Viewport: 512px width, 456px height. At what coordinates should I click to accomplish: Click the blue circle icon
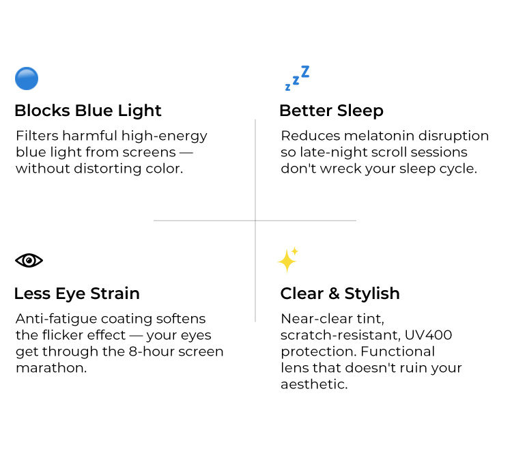[x=27, y=79]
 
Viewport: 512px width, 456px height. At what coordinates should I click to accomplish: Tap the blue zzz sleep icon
[x=297, y=78]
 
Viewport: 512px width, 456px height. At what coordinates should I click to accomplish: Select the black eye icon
[x=29, y=261]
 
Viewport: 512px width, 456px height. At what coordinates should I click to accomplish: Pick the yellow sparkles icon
[x=288, y=260]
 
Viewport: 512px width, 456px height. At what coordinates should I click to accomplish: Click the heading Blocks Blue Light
[x=88, y=111]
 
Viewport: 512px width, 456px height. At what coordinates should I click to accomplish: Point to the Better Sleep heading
[x=331, y=111]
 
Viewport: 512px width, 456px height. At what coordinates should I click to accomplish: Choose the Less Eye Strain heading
[x=77, y=294]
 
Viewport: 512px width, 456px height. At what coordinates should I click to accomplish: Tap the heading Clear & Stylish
[x=340, y=294]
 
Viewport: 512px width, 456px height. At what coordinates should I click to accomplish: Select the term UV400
[x=429, y=335]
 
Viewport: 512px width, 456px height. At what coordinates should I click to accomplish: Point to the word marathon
[x=51, y=368]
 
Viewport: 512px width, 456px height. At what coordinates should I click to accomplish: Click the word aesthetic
[x=314, y=384]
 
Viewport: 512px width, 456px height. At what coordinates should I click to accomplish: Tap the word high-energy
[x=165, y=137]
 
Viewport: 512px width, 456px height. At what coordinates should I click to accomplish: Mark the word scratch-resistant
[x=341, y=335]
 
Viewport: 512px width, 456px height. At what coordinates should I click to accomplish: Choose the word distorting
[x=108, y=169]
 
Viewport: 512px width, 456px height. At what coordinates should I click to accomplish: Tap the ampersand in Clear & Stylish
[x=334, y=294]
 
